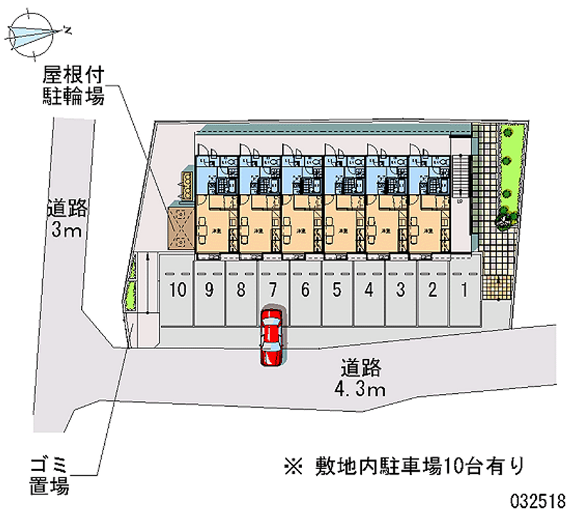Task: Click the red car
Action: point(271,336)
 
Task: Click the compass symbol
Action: point(33,32)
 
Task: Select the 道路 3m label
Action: point(67,219)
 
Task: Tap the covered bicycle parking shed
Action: point(181,227)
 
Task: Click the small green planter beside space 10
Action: point(131,296)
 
